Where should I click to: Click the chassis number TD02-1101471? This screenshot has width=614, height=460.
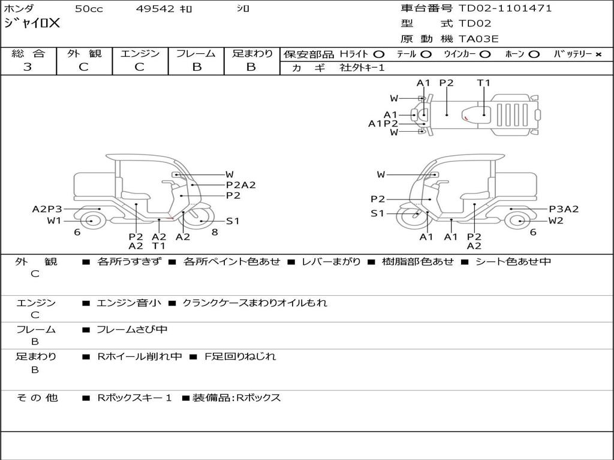coord(505,8)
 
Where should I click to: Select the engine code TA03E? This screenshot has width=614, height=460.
coord(478,39)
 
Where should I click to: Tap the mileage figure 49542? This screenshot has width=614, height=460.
coord(155,8)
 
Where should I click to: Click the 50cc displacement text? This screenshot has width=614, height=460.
coord(89,8)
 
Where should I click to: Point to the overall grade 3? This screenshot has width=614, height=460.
coord(28,67)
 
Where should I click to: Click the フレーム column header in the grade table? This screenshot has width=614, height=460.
coord(196,53)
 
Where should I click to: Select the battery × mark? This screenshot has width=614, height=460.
coord(598,55)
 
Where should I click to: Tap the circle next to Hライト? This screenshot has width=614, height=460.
coord(379,55)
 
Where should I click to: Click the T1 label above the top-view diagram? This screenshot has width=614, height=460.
coord(484,83)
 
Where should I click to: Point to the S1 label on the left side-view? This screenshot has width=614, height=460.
coord(233,221)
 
